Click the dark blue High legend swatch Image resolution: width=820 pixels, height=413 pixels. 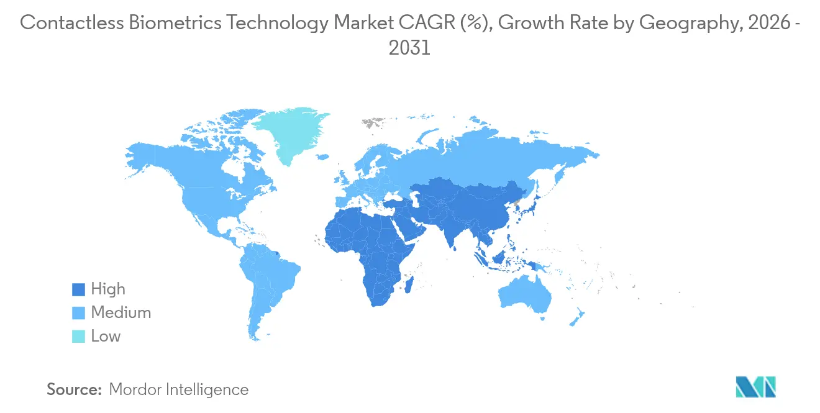tap(78, 289)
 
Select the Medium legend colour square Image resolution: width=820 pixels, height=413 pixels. tap(78, 313)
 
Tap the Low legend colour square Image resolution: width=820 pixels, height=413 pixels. tap(78, 337)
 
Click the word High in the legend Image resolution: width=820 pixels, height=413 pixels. tap(108, 289)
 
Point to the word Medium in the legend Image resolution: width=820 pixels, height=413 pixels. tap(121, 313)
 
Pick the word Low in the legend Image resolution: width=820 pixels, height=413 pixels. tap(106, 337)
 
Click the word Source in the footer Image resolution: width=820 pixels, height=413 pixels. tap(74, 389)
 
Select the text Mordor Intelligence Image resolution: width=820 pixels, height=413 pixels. tap(179, 389)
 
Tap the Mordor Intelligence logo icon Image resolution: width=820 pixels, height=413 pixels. tap(755, 386)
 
